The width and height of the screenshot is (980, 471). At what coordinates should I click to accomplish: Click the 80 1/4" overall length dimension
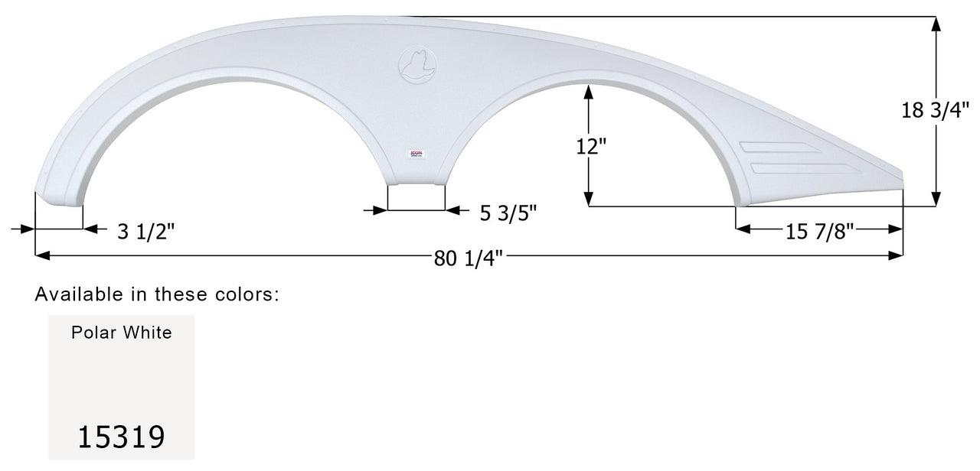click(x=469, y=258)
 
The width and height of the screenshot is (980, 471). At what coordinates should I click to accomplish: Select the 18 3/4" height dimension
click(x=939, y=110)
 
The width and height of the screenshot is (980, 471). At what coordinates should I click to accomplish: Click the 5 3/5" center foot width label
click(x=508, y=214)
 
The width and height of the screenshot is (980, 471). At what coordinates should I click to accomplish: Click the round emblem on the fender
click(x=417, y=63)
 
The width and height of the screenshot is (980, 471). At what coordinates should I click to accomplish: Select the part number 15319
click(x=121, y=437)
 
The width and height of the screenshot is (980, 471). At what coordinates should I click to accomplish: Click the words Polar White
click(x=121, y=333)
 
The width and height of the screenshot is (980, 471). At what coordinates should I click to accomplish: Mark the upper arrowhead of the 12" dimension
click(x=588, y=92)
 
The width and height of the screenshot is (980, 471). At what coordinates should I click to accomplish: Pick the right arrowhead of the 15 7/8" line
click(x=896, y=229)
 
